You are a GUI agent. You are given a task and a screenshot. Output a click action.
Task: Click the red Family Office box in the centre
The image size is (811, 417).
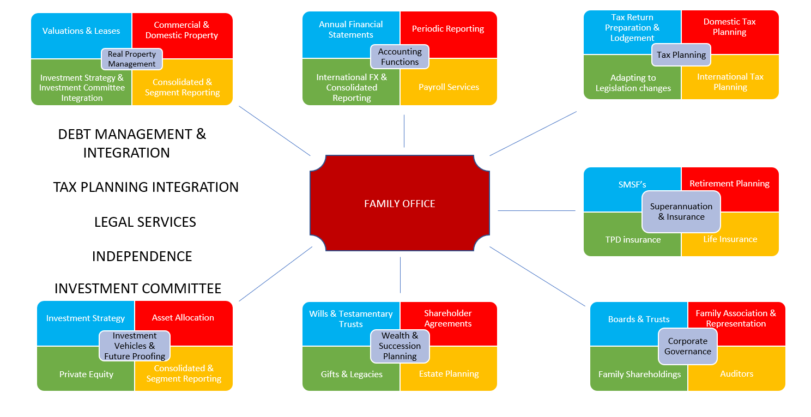(x=400, y=203)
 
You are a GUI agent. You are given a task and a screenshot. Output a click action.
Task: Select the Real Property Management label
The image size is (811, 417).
(x=132, y=59)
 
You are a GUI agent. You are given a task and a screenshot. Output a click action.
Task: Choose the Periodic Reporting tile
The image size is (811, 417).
(x=448, y=29)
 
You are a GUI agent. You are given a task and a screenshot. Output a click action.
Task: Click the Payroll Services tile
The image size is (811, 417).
(x=449, y=87)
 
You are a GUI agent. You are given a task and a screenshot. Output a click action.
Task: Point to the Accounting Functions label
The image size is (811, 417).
(x=400, y=57)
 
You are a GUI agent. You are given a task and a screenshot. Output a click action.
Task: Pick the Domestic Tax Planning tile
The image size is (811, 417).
(x=729, y=27)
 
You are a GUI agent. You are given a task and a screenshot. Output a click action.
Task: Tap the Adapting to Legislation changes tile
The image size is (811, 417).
(x=633, y=83)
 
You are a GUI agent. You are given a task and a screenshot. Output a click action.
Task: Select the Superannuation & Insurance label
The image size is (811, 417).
(x=681, y=211)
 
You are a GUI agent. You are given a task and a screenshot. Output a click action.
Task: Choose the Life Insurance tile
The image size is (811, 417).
(x=730, y=239)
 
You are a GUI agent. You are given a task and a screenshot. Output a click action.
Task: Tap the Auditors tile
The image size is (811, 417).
(x=736, y=374)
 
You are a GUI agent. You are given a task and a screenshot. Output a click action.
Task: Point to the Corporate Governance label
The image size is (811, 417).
(x=687, y=346)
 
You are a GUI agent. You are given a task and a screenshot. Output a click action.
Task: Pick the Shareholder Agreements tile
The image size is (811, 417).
(x=448, y=318)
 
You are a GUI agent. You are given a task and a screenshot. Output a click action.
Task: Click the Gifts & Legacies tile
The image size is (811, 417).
(x=352, y=374)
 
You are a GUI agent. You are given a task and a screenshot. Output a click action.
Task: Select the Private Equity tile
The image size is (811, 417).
(x=86, y=374)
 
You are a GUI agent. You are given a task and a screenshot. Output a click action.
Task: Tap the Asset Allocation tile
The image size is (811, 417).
(x=183, y=318)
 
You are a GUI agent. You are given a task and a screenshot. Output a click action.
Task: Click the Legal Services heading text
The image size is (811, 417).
(x=145, y=222)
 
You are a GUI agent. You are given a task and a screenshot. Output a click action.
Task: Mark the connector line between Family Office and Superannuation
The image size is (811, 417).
(x=536, y=210)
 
